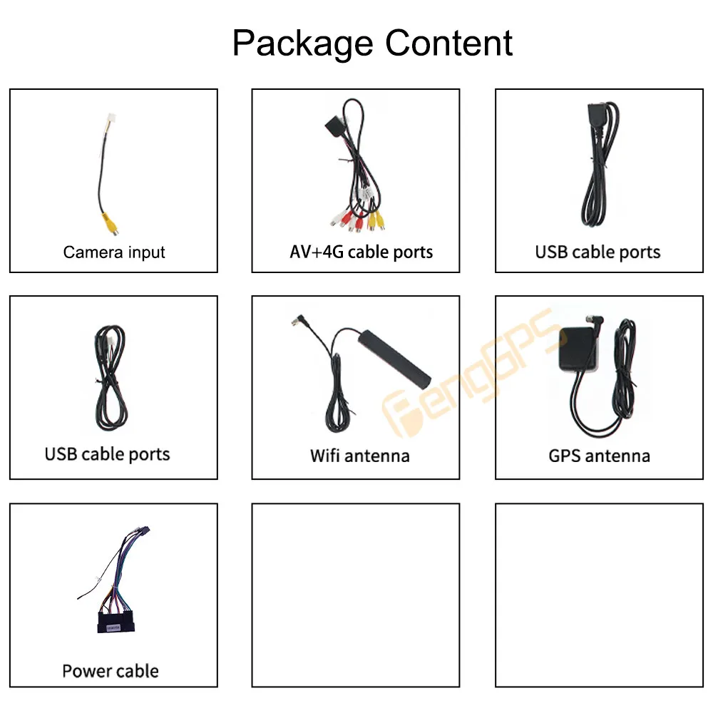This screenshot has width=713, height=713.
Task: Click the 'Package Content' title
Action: click(372, 43)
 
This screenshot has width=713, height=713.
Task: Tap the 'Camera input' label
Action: click(114, 252)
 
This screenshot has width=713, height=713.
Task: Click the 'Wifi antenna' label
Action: click(359, 455)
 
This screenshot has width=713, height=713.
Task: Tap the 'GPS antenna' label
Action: click(599, 455)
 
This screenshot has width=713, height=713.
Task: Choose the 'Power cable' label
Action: click(111, 670)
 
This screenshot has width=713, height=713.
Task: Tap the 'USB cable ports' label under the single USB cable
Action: click(597, 252)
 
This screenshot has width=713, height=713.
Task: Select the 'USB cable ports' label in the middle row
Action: click(108, 454)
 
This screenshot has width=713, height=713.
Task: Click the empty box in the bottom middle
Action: click(356, 595)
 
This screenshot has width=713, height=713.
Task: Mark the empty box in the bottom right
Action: click(599, 595)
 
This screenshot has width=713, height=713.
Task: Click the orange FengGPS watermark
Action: click(471, 378)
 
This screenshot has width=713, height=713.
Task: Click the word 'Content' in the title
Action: click(448, 43)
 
